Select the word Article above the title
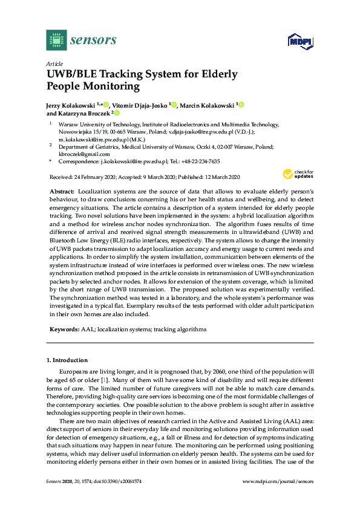click(54, 63)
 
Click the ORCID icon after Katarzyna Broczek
click(117, 113)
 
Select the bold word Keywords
click(64, 329)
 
